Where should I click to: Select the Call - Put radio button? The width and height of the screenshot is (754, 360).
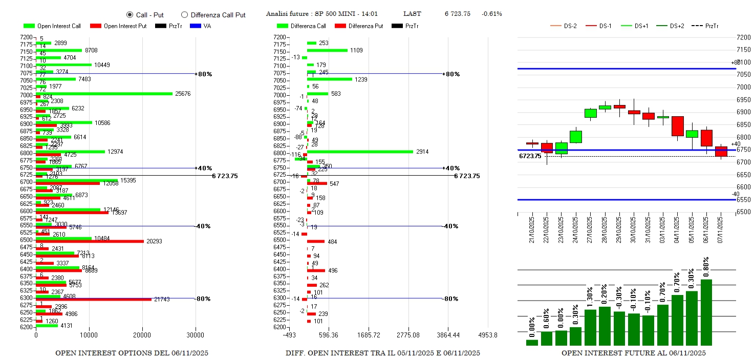(130, 15)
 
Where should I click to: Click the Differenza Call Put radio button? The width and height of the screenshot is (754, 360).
(184, 15)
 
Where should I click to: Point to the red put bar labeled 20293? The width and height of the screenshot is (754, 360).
(90, 241)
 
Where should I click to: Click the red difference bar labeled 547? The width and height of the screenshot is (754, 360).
(316, 183)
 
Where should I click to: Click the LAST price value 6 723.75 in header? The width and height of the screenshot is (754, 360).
(457, 14)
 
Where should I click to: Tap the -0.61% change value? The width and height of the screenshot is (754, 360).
(491, 14)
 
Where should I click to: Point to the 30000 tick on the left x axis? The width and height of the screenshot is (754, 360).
(195, 335)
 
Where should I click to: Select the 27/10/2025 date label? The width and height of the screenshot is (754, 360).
(591, 231)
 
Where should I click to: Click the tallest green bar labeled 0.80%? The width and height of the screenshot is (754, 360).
(706, 312)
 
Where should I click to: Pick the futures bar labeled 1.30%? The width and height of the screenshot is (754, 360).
(590, 327)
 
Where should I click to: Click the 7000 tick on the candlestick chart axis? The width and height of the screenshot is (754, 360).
(743, 87)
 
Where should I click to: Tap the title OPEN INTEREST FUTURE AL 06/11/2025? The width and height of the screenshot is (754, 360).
(633, 353)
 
